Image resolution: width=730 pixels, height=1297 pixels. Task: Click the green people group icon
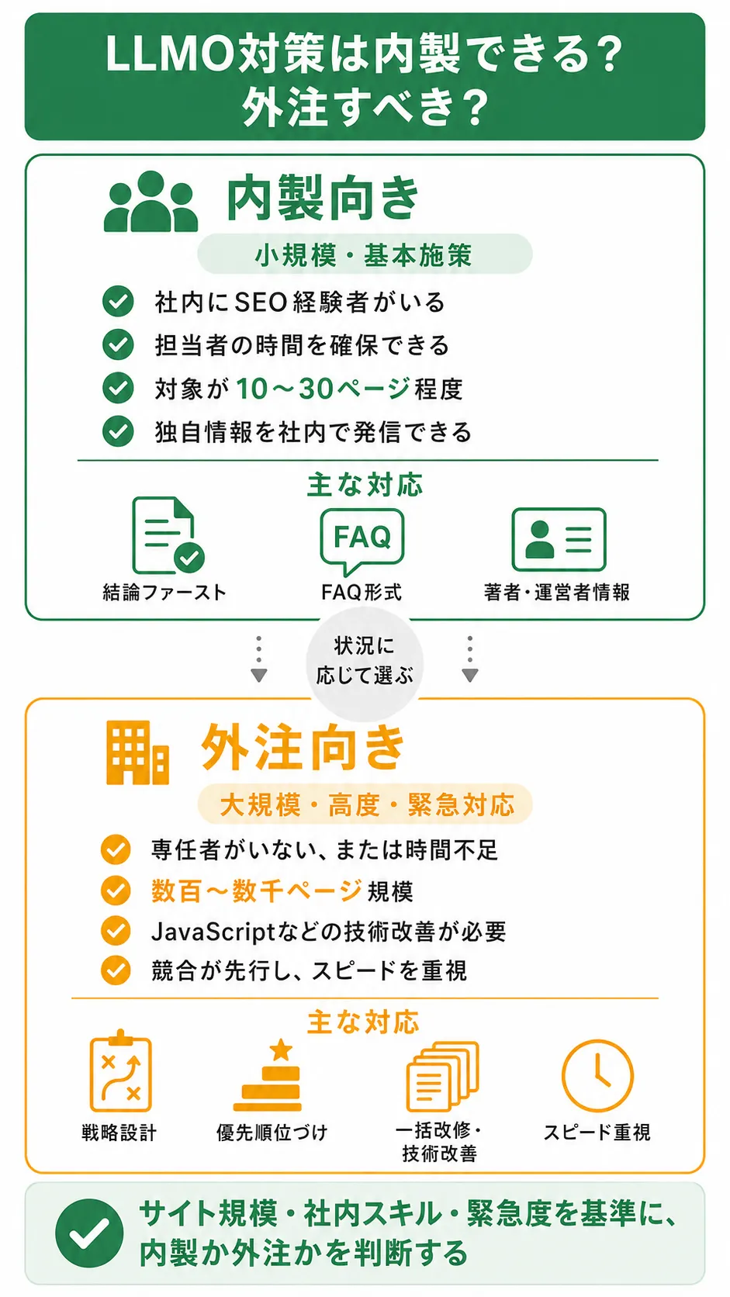[150, 202]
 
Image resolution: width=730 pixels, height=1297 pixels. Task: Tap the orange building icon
[137, 752]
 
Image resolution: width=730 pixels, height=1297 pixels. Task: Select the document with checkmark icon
[168, 535]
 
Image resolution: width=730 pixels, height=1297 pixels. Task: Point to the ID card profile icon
[559, 539]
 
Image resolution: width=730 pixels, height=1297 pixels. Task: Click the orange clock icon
[597, 1076]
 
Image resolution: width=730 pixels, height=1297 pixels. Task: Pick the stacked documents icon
[443, 1076]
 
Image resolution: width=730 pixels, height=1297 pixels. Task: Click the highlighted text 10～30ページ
[323, 389]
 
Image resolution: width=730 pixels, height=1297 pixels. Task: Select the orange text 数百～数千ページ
[257, 891]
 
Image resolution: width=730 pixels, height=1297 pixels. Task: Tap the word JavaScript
[213, 932]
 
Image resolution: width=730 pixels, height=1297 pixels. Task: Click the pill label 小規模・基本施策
[365, 254]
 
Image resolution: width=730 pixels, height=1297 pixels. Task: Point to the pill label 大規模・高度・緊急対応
[365, 804]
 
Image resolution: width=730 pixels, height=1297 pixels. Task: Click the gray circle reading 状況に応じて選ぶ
[365, 661]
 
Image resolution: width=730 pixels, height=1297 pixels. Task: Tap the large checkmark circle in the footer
[89, 1233]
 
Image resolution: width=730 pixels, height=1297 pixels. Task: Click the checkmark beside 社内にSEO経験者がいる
[118, 301]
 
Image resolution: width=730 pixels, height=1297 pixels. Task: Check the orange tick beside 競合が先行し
[116, 970]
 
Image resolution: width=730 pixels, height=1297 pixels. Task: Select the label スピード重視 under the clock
[597, 1132]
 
